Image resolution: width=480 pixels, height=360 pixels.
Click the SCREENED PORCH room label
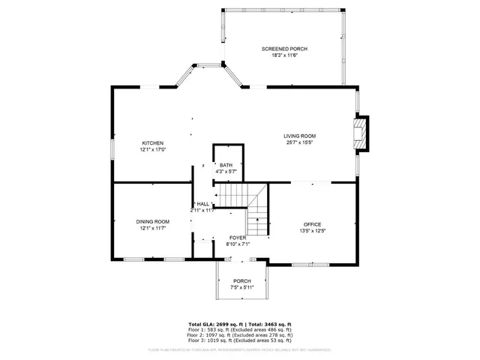[x=284, y=49]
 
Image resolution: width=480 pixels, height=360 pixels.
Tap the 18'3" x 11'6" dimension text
[x=284, y=56]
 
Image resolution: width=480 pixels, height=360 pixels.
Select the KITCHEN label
[x=153, y=143]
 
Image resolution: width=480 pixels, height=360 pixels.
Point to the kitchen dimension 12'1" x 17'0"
[x=153, y=150]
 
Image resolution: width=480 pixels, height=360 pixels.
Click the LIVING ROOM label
[x=299, y=136]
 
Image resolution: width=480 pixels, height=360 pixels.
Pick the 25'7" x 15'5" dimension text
[x=299, y=142]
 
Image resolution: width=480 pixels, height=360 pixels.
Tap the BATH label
[x=226, y=165]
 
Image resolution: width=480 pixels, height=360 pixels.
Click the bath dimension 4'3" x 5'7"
[x=226, y=172]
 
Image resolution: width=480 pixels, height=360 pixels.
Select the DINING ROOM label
[x=152, y=221]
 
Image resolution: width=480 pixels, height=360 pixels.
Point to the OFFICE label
[x=312, y=224]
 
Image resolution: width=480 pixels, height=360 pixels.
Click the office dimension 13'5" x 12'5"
[x=312, y=231]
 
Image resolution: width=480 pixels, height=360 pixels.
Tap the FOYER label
[x=238, y=237]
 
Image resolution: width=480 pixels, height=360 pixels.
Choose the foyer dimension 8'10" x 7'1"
[x=238, y=244]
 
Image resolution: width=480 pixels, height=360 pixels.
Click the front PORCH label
[x=241, y=280]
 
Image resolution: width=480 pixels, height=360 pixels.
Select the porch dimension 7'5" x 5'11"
[x=241, y=287]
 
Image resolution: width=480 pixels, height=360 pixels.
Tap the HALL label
[x=202, y=204]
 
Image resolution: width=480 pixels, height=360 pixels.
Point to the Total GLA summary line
[x=239, y=324]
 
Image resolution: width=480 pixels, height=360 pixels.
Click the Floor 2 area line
[x=239, y=334]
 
